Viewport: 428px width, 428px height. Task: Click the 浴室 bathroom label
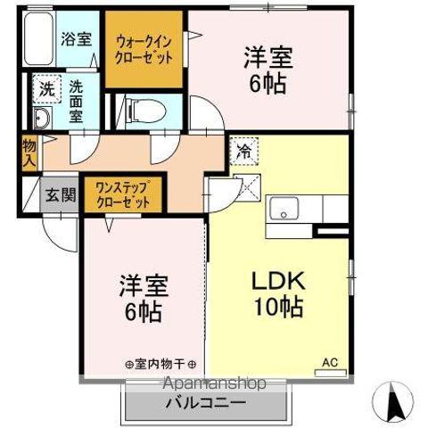tap(76, 39)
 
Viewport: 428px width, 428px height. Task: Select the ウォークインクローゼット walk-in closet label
tap(144, 47)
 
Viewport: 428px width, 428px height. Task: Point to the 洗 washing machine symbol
tap(45, 89)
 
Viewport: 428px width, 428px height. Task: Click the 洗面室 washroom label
tap(77, 101)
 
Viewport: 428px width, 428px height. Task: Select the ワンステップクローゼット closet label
tap(124, 195)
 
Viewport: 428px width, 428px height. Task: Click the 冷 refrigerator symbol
tap(243, 152)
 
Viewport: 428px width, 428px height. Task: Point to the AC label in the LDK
tap(330, 362)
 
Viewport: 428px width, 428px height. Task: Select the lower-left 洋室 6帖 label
tap(144, 300)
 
